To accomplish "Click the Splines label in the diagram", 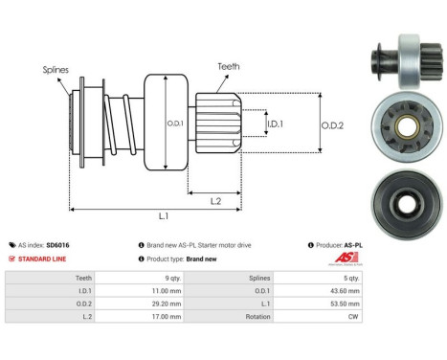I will (x=55, y=70).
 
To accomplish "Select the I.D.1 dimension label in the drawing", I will (x=273, y=124).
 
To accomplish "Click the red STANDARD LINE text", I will (x=43, y=259).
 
